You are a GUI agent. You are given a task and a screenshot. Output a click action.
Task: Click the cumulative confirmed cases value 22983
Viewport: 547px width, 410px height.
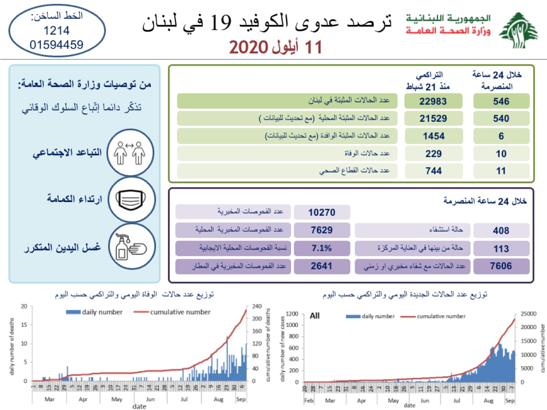tap(433, 101)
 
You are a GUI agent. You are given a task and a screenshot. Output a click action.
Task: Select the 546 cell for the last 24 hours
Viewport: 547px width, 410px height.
tap(501, 101)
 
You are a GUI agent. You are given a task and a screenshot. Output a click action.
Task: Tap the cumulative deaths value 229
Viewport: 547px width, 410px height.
tap(433, 154)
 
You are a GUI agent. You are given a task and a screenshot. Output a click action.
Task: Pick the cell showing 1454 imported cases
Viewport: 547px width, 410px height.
tap(433, 136)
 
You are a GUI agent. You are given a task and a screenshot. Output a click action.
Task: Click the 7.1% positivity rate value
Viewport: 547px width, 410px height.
tap(321, 248)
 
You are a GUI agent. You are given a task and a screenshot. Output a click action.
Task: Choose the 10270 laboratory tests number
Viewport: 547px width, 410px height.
tap(322, 212)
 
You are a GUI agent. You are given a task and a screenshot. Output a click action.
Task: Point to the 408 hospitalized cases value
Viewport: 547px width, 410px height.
tap(501, 231)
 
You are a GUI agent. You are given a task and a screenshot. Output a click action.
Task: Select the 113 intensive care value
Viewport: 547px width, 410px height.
tap(501, 249)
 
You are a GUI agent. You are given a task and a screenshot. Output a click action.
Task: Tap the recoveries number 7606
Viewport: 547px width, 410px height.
tap(501, 266)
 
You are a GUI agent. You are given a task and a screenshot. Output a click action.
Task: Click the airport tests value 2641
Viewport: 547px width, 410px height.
tap(321, 266)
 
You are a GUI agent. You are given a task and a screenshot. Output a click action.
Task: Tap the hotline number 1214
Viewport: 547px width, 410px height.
tap(56, 31)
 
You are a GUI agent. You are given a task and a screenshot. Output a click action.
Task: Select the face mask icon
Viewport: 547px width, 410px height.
tap(131, 200)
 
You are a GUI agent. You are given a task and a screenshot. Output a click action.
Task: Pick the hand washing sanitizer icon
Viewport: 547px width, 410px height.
tap(131, 247)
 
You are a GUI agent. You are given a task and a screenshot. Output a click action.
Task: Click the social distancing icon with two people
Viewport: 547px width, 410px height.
tap(130, 153)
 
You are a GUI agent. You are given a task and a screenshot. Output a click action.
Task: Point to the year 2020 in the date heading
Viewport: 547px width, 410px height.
tap(248, 47)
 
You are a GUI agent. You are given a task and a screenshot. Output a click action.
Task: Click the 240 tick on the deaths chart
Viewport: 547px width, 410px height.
tap(257, 306)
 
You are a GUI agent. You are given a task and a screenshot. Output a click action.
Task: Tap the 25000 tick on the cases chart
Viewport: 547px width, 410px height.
tap(528, 314)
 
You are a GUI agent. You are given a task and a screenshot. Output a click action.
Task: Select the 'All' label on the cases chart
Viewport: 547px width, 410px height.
tap(315, 316)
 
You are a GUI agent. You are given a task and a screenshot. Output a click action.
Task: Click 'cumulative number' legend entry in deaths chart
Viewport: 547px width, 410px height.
tap(180, 312)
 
